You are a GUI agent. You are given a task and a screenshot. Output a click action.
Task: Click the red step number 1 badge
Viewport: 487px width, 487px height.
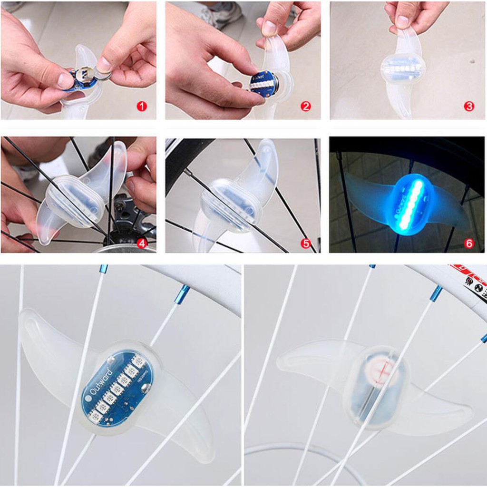click(142, 106)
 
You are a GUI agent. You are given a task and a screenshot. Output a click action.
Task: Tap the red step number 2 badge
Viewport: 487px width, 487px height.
click(306, 106)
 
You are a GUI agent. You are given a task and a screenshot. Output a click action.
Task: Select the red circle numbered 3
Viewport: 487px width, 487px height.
click(469, 106)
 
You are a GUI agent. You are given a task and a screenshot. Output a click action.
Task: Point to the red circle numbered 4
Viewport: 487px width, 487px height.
click(142, 243)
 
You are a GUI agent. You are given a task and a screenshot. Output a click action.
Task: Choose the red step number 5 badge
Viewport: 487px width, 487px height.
click(306, 243)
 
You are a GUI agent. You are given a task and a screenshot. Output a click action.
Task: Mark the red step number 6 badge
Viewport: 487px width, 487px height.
click(469, 243)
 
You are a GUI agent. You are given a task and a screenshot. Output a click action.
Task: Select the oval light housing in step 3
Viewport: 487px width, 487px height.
click(403, 68)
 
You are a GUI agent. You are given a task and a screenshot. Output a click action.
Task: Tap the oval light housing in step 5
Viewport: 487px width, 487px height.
click(230, 205)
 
